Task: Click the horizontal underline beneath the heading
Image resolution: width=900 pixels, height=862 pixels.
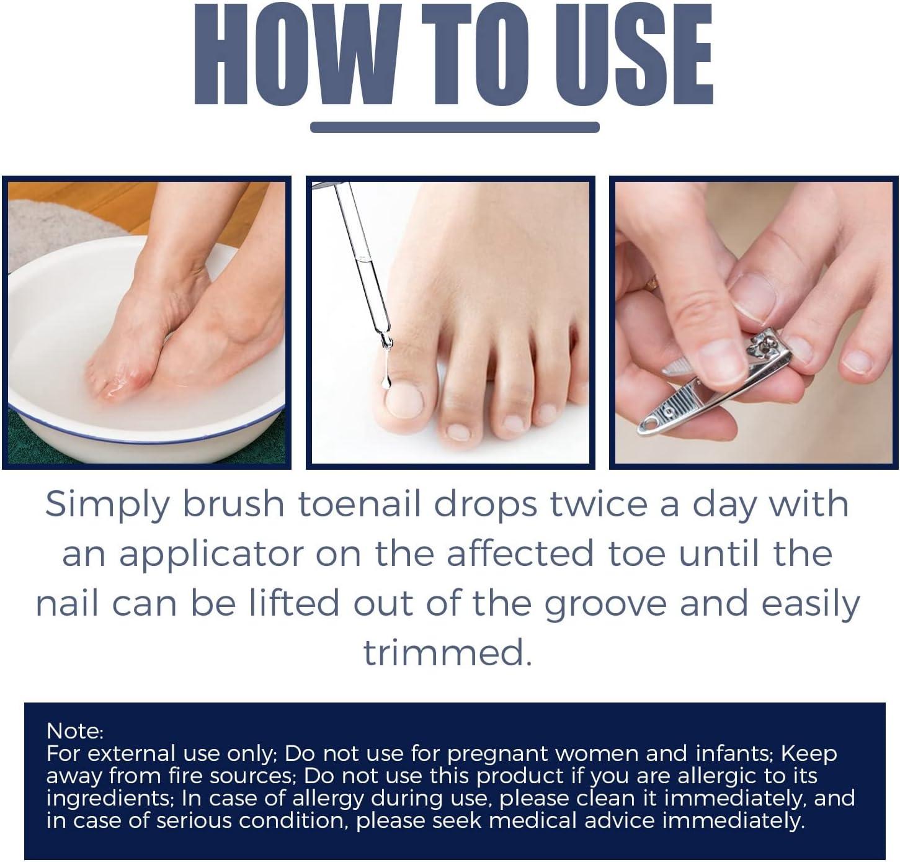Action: [455, 127]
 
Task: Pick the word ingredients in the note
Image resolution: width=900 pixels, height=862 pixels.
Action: [100, 798]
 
